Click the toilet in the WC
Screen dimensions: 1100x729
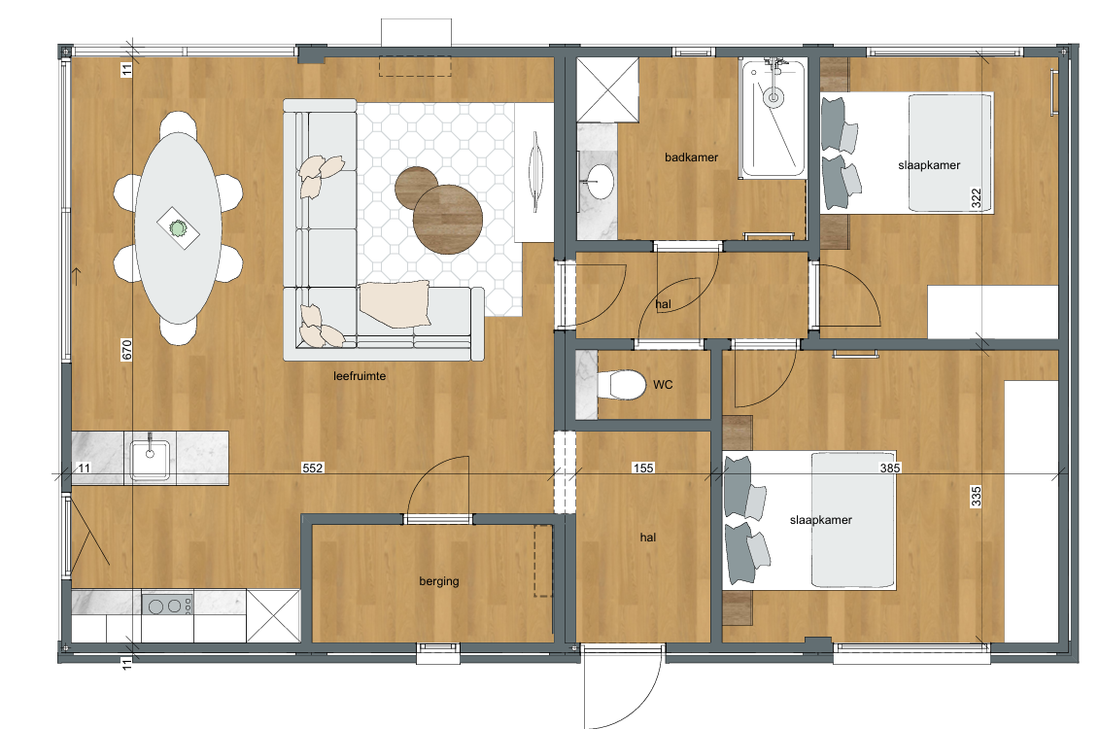[622, 385]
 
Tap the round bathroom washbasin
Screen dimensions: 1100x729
[600, 182]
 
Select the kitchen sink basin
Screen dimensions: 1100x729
[150, 461]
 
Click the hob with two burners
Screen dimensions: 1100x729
[168, 605]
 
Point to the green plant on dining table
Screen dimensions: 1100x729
[178, 228]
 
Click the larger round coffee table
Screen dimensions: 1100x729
[448, 219]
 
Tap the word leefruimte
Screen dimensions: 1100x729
[360, 376]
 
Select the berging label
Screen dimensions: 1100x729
[439, 581]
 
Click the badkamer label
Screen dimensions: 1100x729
[691, 157]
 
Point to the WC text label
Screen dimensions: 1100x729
[663, 385]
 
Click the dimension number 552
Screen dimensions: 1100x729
[312, 468]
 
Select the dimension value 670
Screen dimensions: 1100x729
[127, 349]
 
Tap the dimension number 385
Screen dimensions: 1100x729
[889, 468]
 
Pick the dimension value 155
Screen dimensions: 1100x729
[642, 468]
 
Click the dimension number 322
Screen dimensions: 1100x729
[976, 198]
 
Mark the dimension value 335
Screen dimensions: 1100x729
[976, 497]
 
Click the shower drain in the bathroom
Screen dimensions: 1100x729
[773, 99]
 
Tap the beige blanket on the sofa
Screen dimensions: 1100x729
[395, 304]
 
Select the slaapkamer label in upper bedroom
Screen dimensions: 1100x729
[929, 165]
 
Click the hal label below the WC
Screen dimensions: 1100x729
[647, 538]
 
